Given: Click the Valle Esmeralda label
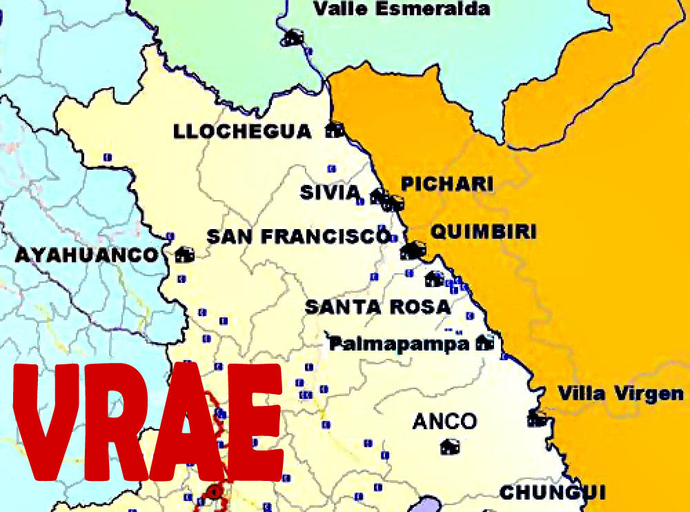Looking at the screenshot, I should click(x=402, y=9).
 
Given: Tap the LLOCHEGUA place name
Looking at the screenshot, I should click(x=242, y=131).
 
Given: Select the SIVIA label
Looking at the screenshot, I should click(x=330, y=192).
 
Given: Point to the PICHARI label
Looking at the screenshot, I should click(x=447, y=184).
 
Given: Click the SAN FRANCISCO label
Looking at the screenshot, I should click(x=298, y=237).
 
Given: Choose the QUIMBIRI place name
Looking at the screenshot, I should click(x=483, y=231).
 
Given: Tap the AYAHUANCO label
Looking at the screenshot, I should click(x=87, y=255).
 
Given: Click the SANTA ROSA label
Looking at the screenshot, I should click(x=377, y=306).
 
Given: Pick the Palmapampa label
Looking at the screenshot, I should click(x=398, y=343).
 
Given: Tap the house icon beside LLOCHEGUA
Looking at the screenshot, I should click(x=335, y=130).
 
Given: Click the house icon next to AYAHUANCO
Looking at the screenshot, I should click(x=184, y=255).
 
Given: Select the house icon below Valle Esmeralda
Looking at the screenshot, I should click(x=293, y=37).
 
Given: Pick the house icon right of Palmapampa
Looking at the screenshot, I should click(x=486, y=342).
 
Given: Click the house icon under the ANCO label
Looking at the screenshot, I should click(x=450, y=446).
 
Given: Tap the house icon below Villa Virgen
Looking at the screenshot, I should click(x=537, y=417).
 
